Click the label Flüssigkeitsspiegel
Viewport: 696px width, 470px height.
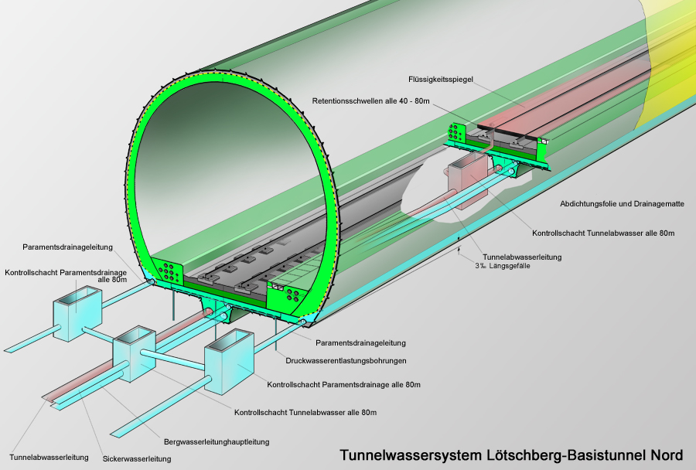click(440, 79)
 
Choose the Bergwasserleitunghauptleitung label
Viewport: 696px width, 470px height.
click(217, 442)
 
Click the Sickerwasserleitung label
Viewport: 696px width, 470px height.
click(136, 458)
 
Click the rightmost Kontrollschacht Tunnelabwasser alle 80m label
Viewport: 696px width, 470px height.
click(604, 233)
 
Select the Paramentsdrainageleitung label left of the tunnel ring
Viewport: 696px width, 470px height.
click(69, 247)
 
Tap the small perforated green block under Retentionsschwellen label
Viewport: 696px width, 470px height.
click(456, 133)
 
